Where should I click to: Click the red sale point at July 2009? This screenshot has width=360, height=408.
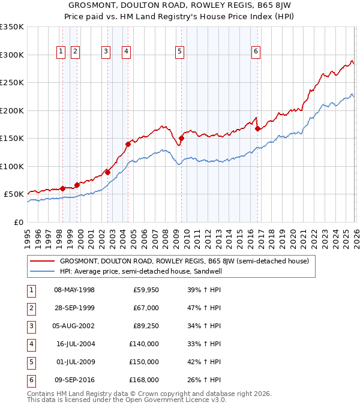click(x=181, y=138)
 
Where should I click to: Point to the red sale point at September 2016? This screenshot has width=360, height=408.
click(x=257, y=128)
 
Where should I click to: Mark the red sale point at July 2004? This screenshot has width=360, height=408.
click(x=128, y=144)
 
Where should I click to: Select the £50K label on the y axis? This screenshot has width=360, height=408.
click(x=14, y=194)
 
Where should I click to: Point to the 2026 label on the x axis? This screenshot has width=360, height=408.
click(x=355, y=235)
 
